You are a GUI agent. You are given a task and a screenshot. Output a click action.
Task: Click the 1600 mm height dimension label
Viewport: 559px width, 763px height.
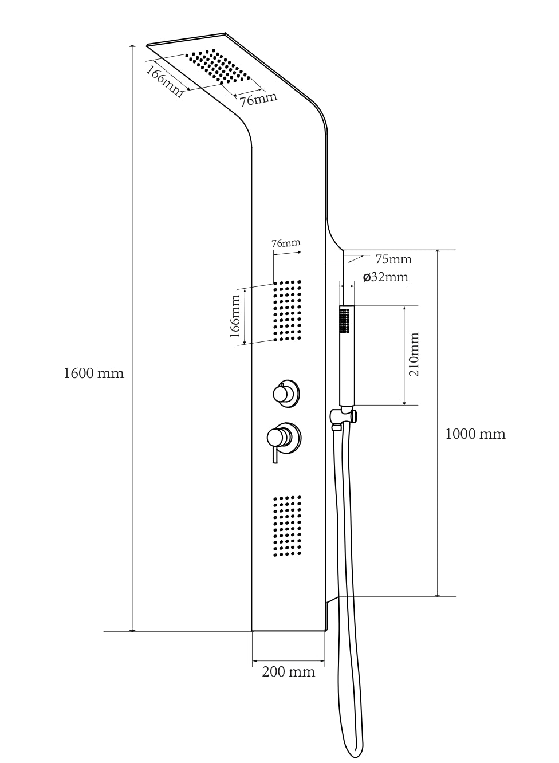point(94,373)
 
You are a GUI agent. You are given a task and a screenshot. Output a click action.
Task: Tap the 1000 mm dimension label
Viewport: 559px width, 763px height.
point(475,434)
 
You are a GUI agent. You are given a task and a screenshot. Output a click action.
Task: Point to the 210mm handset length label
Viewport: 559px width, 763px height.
point(414,354)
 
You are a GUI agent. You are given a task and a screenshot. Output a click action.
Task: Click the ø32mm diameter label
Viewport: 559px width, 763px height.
point(385,277)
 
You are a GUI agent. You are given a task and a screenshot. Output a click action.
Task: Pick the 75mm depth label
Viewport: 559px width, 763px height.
point(393,259)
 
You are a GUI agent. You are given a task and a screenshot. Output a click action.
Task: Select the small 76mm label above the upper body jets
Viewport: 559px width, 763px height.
point(286,243)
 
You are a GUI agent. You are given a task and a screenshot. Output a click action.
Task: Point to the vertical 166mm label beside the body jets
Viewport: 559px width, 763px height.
point(235,316)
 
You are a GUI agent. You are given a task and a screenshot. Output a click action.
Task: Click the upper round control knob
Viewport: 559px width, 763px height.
point(286,394)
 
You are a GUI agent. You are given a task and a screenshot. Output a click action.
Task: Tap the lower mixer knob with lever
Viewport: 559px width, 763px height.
point(284,438)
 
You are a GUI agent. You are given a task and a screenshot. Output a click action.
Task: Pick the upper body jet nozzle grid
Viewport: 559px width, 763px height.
point(287,310)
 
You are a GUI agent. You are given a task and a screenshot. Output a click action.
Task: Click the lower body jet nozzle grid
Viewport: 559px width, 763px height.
point(287,526)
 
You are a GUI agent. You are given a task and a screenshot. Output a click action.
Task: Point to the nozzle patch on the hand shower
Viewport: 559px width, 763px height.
point(345,320)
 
